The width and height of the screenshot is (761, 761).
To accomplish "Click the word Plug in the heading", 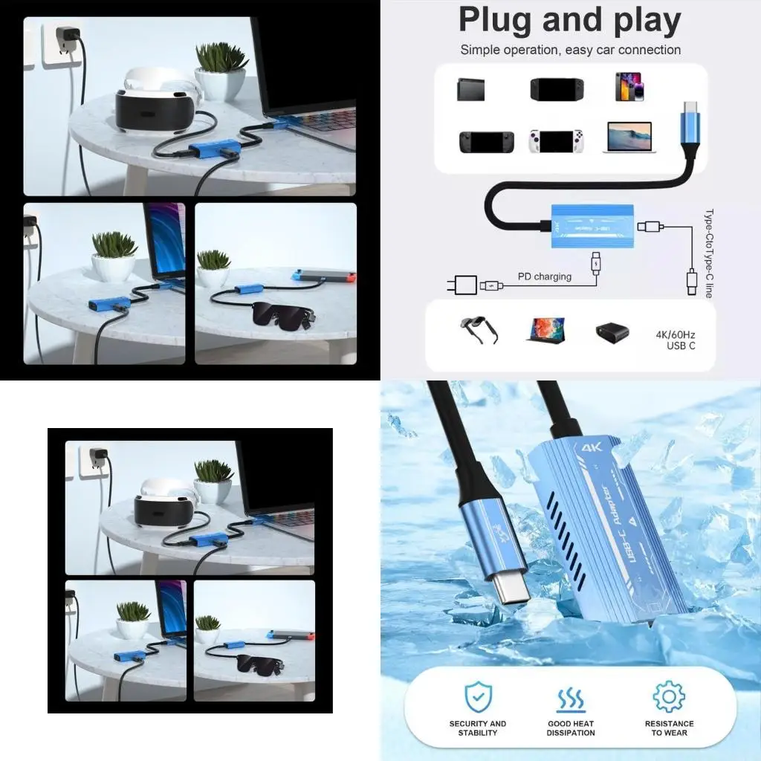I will point(496,21).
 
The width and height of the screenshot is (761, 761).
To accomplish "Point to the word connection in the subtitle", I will point(647,50).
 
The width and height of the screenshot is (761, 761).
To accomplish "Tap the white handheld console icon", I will point(555,140).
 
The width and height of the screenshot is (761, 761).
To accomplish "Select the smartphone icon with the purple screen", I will point(629,86).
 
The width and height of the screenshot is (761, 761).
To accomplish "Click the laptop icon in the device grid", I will point(629,137).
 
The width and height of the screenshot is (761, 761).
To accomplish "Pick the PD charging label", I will point(545,276).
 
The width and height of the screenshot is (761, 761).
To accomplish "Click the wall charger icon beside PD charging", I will point(466,285).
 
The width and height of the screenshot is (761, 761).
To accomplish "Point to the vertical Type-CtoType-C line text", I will point(708,253).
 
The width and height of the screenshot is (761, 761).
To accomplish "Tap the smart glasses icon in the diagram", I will point(479,329).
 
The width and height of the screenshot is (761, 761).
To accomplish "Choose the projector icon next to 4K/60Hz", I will point(612,332).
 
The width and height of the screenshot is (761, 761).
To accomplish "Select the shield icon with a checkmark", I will point(478,697).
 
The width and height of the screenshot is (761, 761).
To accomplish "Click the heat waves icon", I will point(571,699).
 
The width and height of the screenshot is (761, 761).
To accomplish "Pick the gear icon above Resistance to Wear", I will point(668,697).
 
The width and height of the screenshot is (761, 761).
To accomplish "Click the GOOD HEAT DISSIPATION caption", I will point(571,728).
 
